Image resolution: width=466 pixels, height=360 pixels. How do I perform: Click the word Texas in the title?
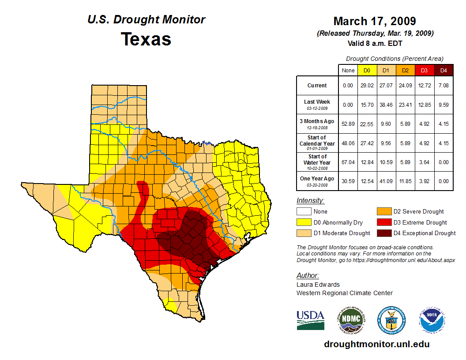(x=146, y=39)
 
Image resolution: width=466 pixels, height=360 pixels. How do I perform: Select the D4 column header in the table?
(x=443, y=71)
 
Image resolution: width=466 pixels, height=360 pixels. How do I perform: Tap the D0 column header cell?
(x=366, y=71)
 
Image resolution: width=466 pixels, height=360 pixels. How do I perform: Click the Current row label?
(x=317, y=86)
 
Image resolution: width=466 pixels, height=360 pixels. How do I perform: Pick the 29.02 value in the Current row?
(x=366, y=86)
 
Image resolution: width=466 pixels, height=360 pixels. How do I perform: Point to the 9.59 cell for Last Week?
(x=443, y=105)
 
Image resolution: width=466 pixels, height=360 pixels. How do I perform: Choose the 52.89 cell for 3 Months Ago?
(x=348, y=124)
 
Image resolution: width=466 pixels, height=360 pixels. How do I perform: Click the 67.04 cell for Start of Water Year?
(x=348, y=162)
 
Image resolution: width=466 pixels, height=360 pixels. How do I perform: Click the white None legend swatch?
(x=304, y=212)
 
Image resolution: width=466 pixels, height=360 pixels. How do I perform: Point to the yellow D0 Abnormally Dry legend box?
(x=304, y=222)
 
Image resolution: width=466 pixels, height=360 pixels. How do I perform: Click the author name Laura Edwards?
(x=318, y=285)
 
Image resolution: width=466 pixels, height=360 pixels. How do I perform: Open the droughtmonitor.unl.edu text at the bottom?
(x=376, y=344)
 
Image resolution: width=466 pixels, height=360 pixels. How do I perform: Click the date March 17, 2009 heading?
(x=375, y=21)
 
